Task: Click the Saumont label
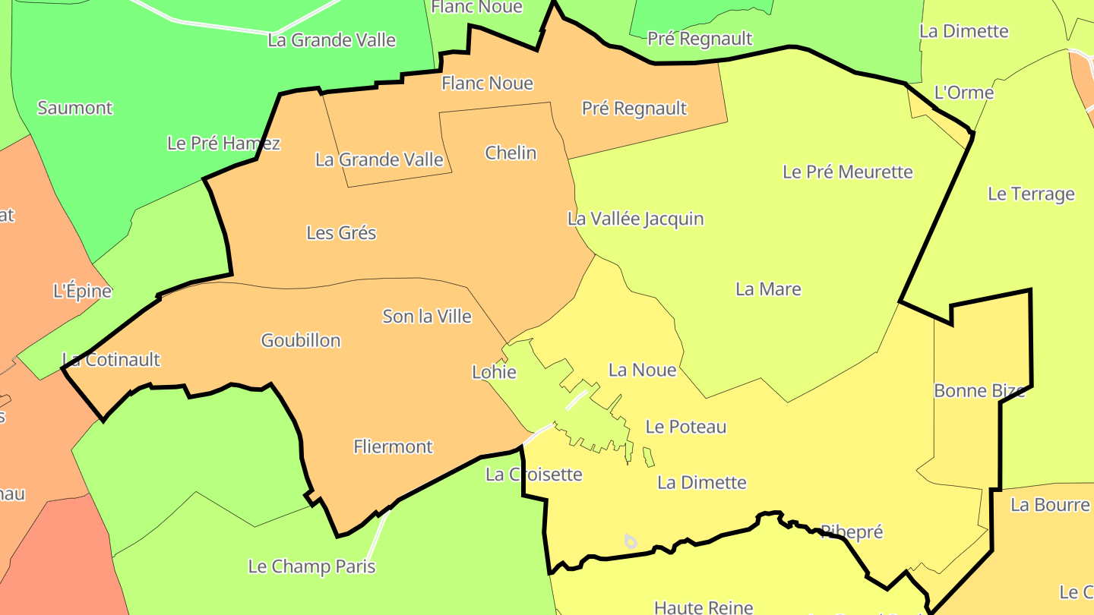tap(74, 108)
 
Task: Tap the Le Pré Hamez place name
tap(223, 143)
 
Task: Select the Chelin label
tap(511, 153)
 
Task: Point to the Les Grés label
tap(341, 232)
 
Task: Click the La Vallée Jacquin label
tap(635, 219)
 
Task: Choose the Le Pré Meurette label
tap(847, 172)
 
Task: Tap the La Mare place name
tap(768, 289)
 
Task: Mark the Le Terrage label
tap(1031, 194)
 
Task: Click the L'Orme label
tap(963, 93)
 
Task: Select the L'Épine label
tap(82, 290)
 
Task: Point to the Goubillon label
tap(301, 340)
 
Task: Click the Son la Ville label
tap(427, 316)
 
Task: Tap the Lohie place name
tap(494, 372)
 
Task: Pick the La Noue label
tap(642, 370)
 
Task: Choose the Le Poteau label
tap(685, 427)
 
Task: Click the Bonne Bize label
tap(979, 391)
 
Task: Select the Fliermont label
tap(393, 446)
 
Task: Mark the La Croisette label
tap(533, 475)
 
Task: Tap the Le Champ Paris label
tap(311, 566)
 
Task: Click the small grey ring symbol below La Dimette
tap(630, 541)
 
